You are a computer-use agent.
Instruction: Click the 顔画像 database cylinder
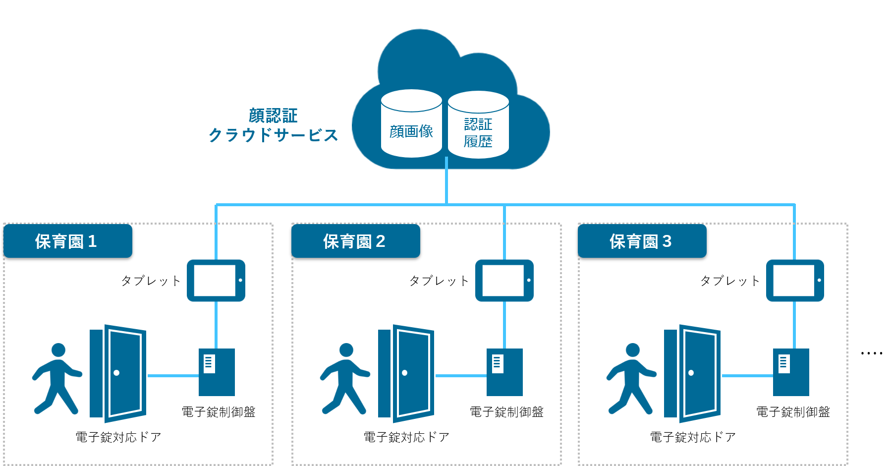point(411,124)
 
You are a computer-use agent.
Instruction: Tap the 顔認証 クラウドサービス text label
point(273,125)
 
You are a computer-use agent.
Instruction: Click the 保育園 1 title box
point(68,241)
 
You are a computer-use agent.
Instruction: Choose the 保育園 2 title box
point(355,241)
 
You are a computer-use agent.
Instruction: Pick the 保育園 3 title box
point(642,241)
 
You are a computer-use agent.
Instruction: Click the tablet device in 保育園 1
point(216,281)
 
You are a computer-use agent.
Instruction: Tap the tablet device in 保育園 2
point(504,281)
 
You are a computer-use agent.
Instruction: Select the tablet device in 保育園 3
point(795,281)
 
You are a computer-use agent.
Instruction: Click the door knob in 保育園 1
point(116,373)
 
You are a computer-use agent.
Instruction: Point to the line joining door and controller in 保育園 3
point(747,376)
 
